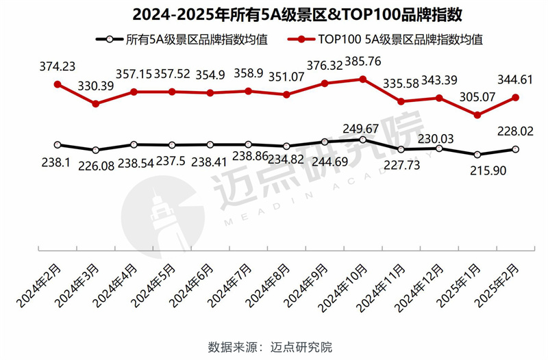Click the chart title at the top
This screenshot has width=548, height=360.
(274, 14)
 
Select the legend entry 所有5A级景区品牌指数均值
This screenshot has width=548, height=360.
(184, 40)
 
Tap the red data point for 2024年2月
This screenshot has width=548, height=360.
(58, 85)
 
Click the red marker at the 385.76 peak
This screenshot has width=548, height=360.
(362, 79)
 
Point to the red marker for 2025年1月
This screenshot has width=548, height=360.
(477, 115)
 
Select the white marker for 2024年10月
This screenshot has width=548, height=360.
(362, 140)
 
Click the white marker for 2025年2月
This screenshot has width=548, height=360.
(515, 149)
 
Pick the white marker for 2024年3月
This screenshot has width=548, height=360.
(96, 150)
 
